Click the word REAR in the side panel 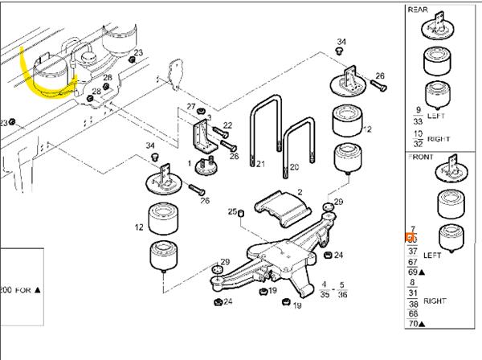click(419, 10)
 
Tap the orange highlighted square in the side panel click(411, 239)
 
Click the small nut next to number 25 click(240, 212)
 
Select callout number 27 click(191, 107)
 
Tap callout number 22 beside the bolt click(227, 125)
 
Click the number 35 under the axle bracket click(324, 295)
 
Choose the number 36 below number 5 click(343, 295)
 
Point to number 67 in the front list click(413, 262)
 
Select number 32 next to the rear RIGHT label click(418, 143)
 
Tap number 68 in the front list click(413, 314)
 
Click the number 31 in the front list click(413, 293)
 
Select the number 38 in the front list click(413, 304)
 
